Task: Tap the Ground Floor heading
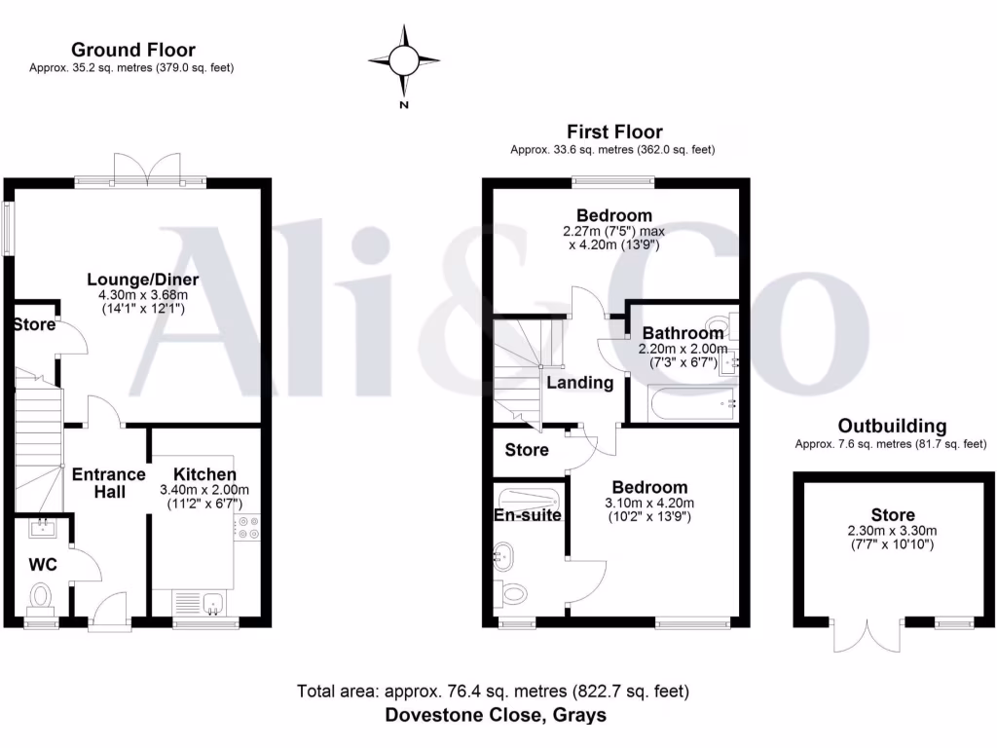pyautogui.click(x=132, y=50)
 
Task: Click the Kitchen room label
pyautogui.click(x=203, y=473)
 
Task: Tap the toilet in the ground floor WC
pyautogui.click(x=41, y=595)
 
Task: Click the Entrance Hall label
pyautogui.click(x=109, y=483)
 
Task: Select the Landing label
pyautogui.click(x=579, y=383)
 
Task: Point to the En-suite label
pyautogui.click(x=528, y=515)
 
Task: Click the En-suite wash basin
pyautogui.click(x=502, y=558)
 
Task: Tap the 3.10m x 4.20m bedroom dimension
pyautogui.click(x=649, y=504)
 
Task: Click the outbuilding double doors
pyautogui.click(x=864, y=636)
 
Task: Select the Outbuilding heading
pyautogui.click(x=892, y=426)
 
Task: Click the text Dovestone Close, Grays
pyautogui.click(x=496, y=715)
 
